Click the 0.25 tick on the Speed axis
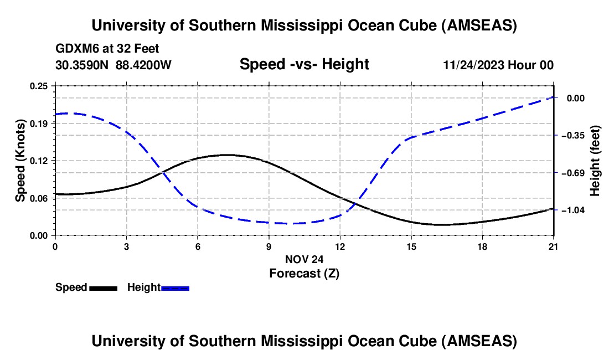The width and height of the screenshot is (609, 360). click(x=40, y=86)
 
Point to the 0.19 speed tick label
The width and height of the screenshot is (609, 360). click(x=40, y=124)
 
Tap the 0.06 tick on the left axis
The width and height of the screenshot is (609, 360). click(x=40, y=198)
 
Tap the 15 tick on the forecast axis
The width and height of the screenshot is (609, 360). click(x=411, y=246)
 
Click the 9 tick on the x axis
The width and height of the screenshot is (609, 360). click(x=269, y=246)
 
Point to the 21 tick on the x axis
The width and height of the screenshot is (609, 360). click(x=554, y=246)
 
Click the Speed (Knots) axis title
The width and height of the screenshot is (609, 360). click(x=20, y=161)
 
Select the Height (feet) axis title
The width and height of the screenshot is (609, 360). click(x=596, y=161)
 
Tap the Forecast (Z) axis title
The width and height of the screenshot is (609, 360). click(x=304, y=273)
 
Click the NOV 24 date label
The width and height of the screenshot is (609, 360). click(x=304, y=259)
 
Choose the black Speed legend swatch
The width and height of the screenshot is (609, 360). click(x=103, y=288)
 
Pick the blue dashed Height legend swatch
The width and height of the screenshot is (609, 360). click(x=175, y=288)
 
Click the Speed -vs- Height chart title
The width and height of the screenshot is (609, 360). click(x=304, y=64)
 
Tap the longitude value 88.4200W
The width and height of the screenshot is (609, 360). click(x=144, y=65)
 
